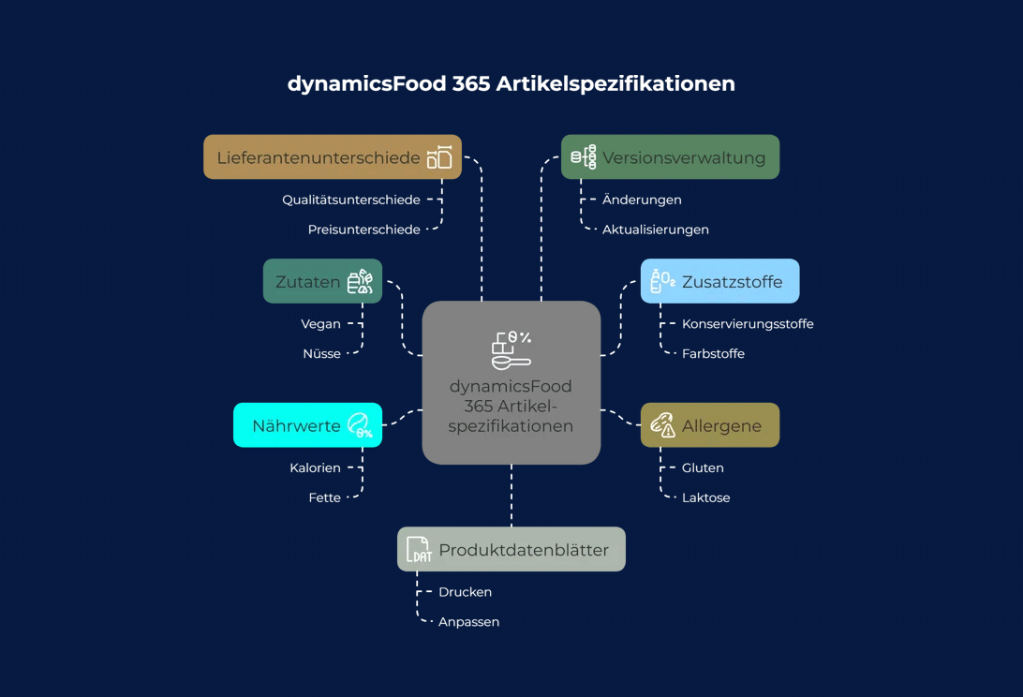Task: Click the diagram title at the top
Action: (x=511, y=83)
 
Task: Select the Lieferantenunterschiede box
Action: (x=333, y=157)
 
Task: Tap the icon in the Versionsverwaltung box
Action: (x=584, y=157)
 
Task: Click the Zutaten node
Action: (x=322, y=281)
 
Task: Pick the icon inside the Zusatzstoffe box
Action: (x=663, y=281)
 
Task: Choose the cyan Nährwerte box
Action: (x=307, y=425)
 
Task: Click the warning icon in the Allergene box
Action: (x=663, y=425)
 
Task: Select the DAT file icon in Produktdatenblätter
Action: (x=419, y=550)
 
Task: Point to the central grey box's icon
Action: (x=511, y=349)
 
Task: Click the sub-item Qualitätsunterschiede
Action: (x=351, y=200)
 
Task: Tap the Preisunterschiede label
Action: (x=364, y=230)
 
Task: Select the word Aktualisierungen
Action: (x=656, y=230)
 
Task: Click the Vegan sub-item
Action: (x=320, y=324)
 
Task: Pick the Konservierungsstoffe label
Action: (x=748, y=324)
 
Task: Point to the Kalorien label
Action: (x=315, y=467)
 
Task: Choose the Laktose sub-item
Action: (x=705, y=497)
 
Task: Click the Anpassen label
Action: (x=468, y=622)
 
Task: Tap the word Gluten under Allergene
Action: (x=703, y=467)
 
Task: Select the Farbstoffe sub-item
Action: (x=713, y=354)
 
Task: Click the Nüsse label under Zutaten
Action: (x=321, y=354)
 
